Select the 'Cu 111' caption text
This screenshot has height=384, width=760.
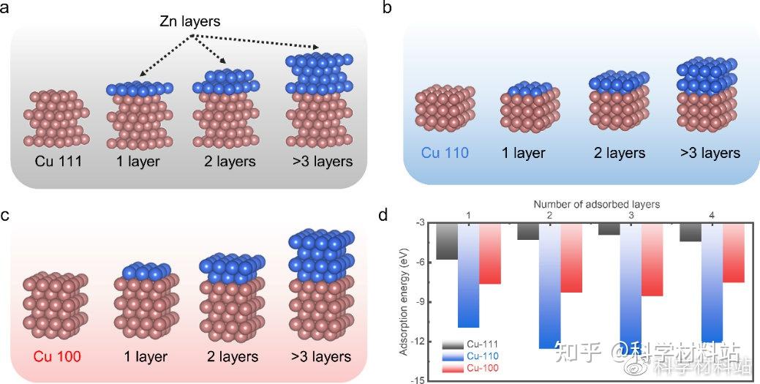click(56, 162)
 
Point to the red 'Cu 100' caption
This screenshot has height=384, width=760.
click(53, 358)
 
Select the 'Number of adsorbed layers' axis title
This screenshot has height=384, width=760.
click(596, 204)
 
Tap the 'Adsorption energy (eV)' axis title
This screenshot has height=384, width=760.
click(403, 301)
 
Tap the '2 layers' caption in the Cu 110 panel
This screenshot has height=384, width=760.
click(617, 153)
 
